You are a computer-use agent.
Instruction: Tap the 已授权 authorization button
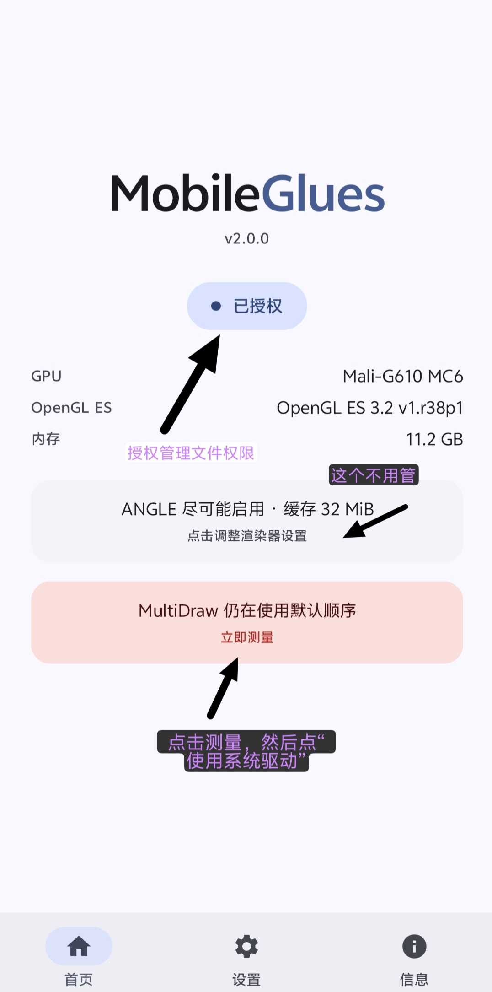(247, 306)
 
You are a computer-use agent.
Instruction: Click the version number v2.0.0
(247, 238)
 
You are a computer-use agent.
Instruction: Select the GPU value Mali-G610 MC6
(403, 376)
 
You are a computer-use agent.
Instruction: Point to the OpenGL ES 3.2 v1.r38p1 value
(370, 408)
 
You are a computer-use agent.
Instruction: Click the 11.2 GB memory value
(434, 439)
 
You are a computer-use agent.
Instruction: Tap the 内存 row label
(46, 439)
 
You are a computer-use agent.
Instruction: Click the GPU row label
(46, 376)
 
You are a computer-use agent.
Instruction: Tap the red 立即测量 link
(247, 637)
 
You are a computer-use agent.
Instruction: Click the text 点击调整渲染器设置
(247, 536)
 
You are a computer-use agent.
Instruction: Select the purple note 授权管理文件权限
(191, 453)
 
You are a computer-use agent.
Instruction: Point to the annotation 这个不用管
(374, 475)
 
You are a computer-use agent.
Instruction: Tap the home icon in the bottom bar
(79, 946)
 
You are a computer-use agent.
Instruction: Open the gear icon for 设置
(246, 946)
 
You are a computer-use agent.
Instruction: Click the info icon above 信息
(414, 946)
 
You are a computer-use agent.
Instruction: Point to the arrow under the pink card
(223, 688)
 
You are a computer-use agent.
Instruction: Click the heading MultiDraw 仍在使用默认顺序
(247, 610)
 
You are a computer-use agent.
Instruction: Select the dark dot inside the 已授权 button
(216, 306)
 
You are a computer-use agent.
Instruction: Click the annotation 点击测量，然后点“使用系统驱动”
(246, 751)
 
